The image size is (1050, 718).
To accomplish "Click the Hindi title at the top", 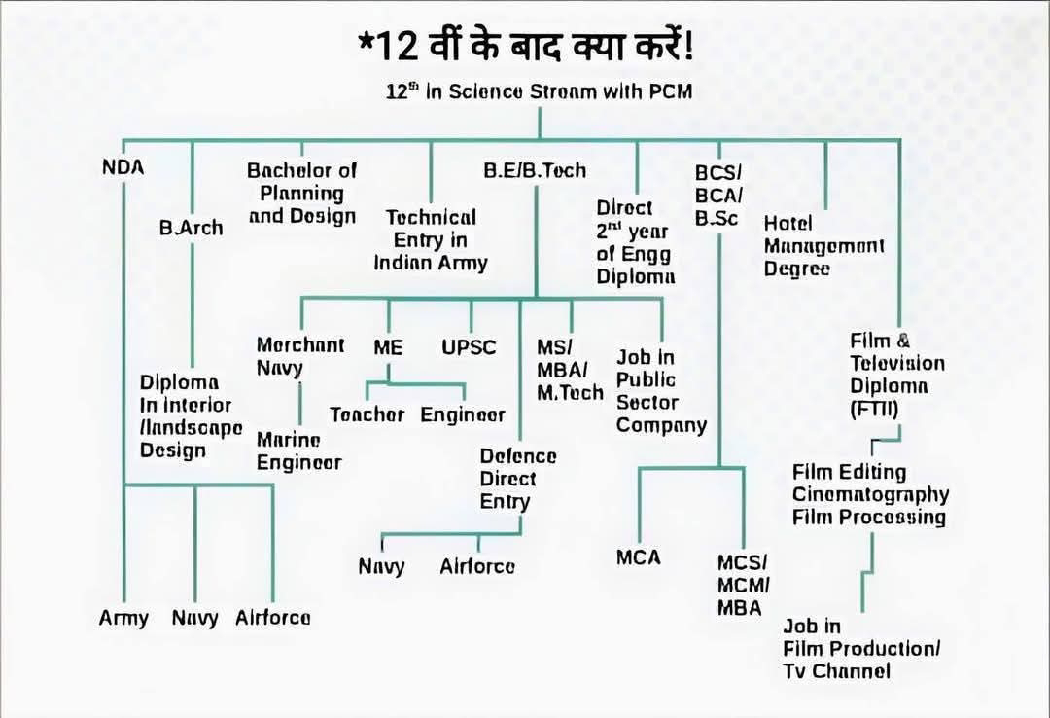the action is point(525,46).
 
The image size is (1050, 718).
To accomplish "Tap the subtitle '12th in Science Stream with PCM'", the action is point(540,92).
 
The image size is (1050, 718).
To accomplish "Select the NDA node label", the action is point(122,166).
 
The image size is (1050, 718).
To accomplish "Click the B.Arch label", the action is point(191,228).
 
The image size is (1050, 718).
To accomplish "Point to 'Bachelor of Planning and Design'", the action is point(302,193).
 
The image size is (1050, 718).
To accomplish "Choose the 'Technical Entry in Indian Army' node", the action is point(431,239).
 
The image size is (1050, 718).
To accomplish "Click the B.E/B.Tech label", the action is point(535,170).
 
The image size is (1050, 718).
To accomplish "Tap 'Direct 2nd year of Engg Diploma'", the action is point(637,242).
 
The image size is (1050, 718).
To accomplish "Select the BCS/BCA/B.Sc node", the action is point(717,196).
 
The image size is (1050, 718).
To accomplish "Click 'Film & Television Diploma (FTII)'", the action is point(896,375).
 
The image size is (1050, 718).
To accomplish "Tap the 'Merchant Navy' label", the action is point(299,356).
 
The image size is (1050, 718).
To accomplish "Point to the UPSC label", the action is point(469,347).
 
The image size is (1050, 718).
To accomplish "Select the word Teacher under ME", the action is point(367,414).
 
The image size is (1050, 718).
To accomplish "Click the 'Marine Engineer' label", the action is point(298,450).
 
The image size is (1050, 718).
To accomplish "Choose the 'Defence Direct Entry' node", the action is point(518,479).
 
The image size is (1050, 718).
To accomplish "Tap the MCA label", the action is point(638,557).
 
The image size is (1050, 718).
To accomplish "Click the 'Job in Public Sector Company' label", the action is point(661,391).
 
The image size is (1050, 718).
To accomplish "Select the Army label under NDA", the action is point(123,618).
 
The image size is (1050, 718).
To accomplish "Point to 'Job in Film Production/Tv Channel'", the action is point(861,649).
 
